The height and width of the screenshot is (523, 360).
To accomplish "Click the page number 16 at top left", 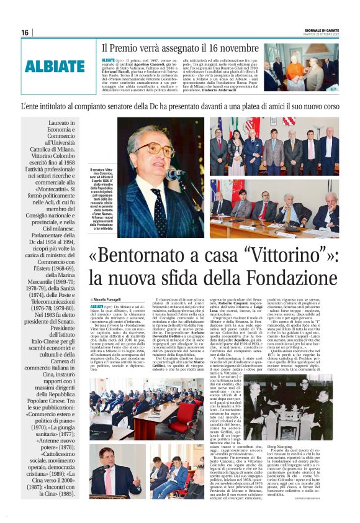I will [x=25, y=33].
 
